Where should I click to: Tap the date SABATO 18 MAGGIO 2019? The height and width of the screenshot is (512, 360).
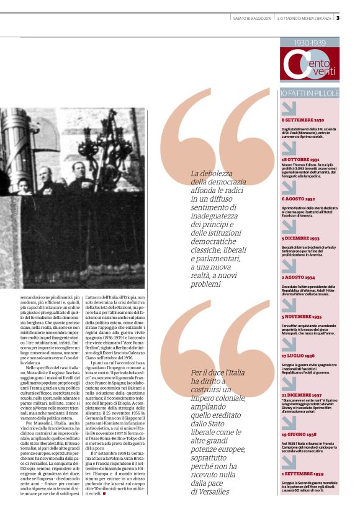(248, 18)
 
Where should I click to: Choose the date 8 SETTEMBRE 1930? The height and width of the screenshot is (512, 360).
(303, 119)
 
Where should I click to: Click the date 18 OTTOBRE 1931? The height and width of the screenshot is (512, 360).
(302, 159)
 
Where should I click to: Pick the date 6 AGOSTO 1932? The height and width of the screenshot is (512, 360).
(299, 199)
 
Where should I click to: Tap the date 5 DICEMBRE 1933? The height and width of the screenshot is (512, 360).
(300, 238)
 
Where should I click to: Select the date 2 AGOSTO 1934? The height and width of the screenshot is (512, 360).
(299, 277)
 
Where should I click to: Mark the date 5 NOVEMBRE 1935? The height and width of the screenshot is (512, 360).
(302, 316)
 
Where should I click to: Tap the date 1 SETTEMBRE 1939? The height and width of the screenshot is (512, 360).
(302, 474)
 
